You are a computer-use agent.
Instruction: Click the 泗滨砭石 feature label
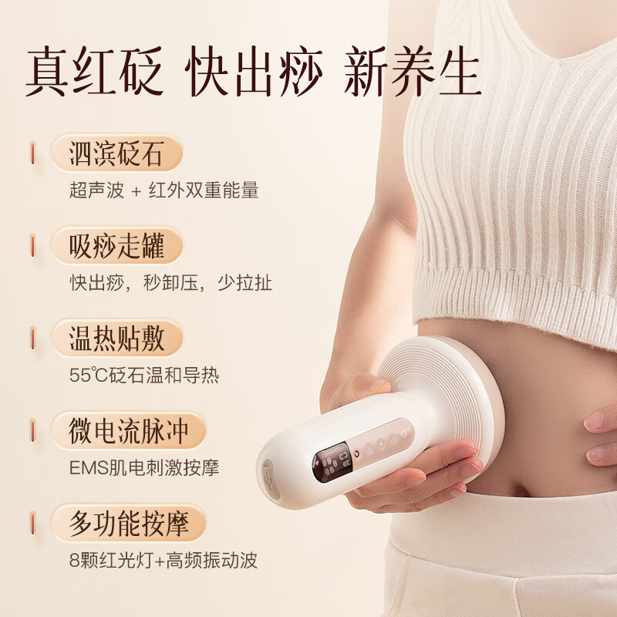116,154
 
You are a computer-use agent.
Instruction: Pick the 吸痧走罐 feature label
116,247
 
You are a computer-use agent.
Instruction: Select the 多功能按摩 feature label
128,524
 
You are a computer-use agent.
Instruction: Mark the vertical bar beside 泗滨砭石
32,154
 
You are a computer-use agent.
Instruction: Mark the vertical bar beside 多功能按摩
32,524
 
